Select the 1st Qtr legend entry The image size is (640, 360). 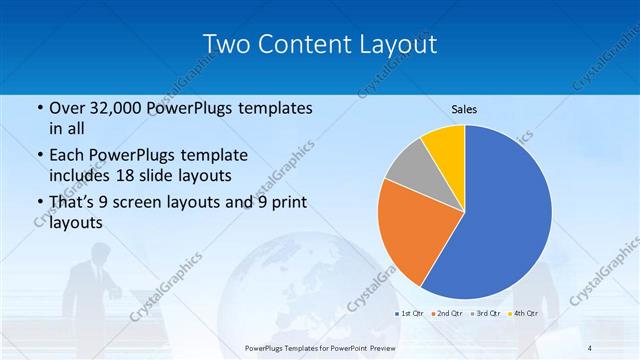pyautogui.click(x=411, y=314)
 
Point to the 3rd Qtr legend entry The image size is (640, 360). pyautogui.click(x=485, y=314)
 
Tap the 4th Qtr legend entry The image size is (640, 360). pyautogui.click(x=522, y=314)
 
